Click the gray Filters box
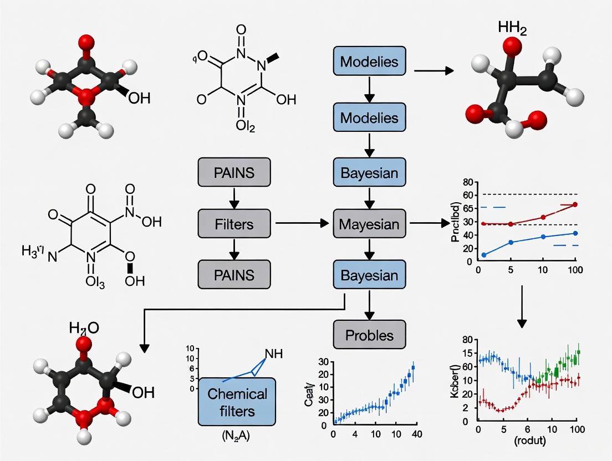tap(234, 224)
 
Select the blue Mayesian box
tap(369, 224)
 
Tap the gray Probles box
tap(369, 335)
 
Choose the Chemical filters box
tap(237, 402)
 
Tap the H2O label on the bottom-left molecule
tap(84, 328)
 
